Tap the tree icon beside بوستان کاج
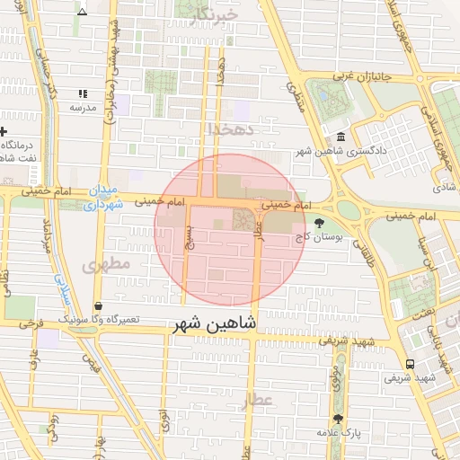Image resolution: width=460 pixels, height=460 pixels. point(320,221)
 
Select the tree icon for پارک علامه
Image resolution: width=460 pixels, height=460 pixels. point(339,419)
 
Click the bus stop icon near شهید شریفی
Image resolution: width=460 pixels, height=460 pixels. point(410,364)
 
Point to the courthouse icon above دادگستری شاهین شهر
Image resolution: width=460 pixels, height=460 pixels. point(341,137)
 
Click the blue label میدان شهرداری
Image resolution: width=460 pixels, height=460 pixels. point(103,198)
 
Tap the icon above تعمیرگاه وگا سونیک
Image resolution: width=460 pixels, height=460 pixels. point(97,306)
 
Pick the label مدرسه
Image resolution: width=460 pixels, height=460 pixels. point(83,107)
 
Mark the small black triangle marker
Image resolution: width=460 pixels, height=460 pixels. point(83,13)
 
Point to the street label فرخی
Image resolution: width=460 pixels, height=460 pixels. point(32,321)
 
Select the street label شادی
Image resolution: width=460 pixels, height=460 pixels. point(445,188)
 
